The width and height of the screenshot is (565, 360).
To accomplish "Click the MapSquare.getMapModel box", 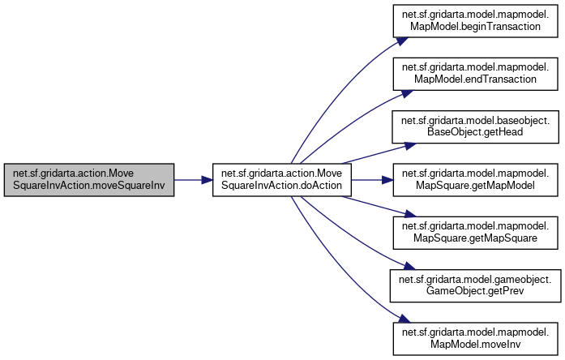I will tap(476, 180).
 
